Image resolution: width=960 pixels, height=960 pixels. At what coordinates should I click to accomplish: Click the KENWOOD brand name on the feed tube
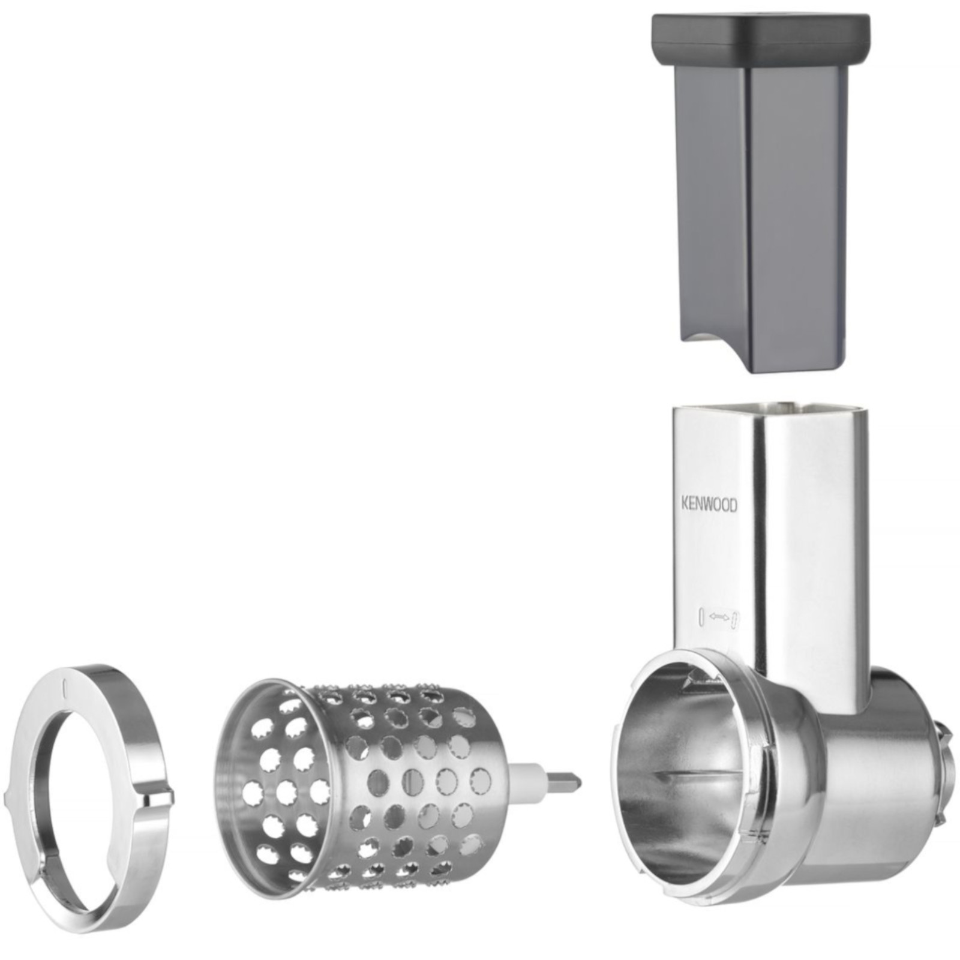click(709, 505)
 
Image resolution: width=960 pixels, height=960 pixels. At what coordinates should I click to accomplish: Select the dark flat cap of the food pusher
click(761, 40)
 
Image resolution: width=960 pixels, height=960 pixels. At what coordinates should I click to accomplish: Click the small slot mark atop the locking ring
click(65, 685)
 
